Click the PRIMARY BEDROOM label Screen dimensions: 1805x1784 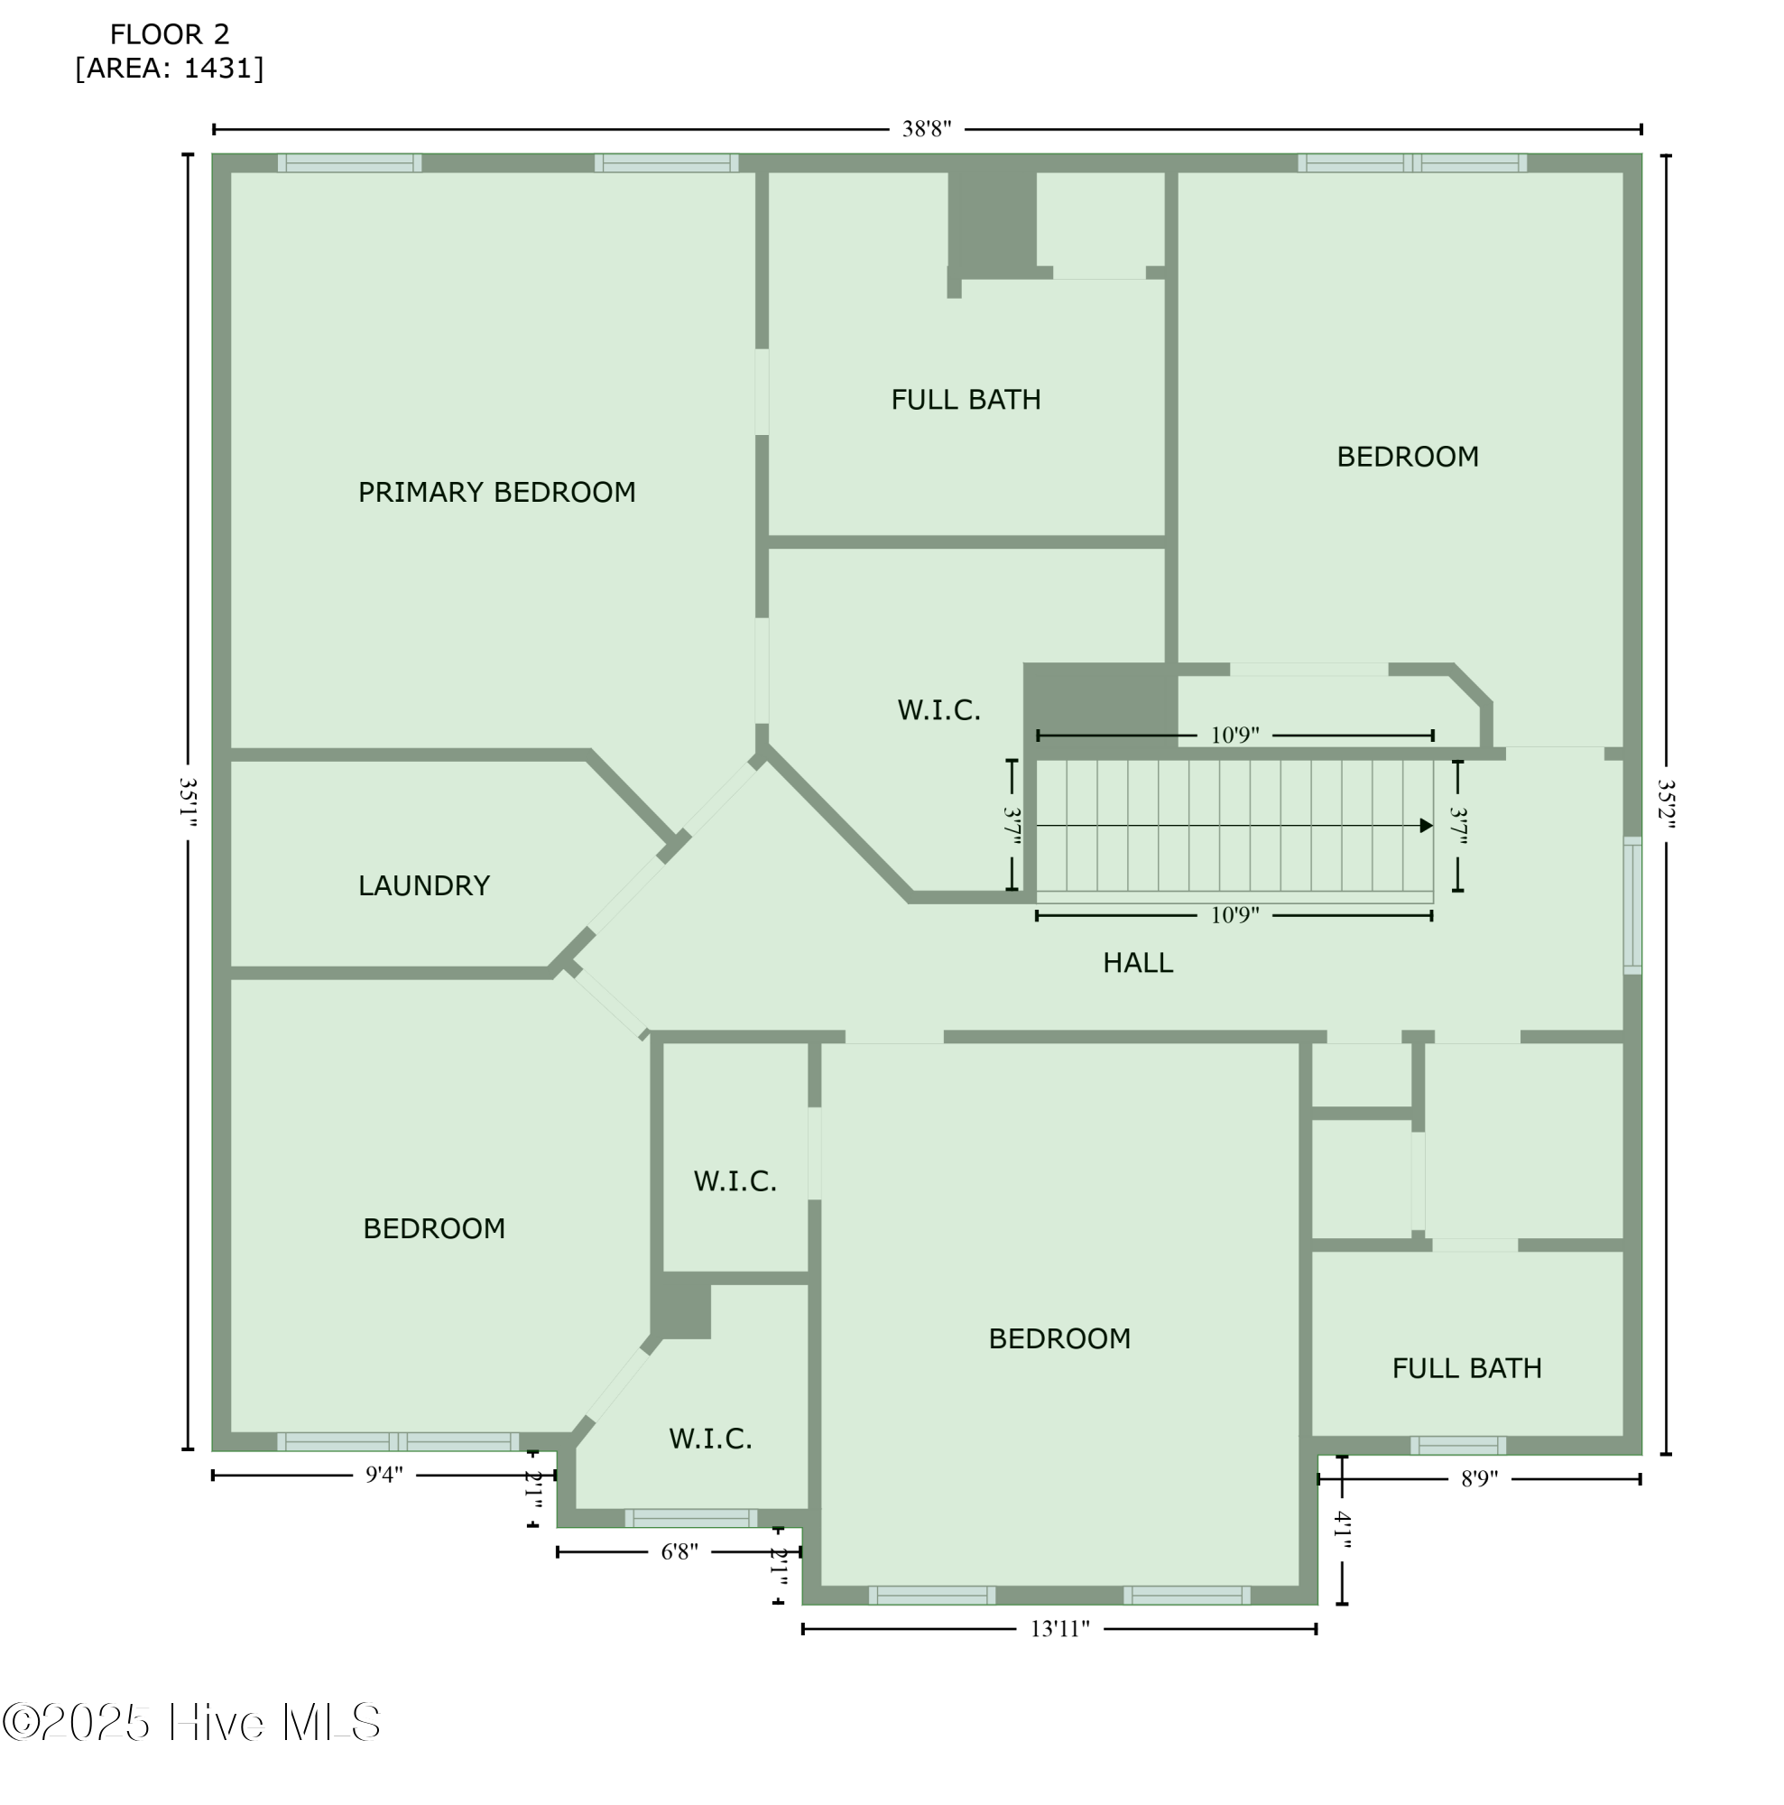496,492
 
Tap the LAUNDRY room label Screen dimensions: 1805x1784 423,884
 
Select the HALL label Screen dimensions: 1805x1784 1137,962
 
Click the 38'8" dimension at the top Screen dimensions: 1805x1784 926,129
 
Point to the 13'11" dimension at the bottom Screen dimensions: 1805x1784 1059,1628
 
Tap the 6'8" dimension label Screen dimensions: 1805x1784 679,1551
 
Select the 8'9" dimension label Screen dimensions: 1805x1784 1479,1478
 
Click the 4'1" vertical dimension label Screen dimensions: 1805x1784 1341,1531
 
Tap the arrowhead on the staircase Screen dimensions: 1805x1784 1426,825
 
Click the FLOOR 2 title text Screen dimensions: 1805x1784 169,34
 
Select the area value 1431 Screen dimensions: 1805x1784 218,69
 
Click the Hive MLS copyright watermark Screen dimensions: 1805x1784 191,1722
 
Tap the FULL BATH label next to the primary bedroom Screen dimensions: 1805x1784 965,400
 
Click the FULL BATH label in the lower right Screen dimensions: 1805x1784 1465,1368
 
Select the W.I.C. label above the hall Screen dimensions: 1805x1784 938,710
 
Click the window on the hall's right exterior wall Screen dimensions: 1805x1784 1631,905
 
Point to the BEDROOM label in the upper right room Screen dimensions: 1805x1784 1407,457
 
